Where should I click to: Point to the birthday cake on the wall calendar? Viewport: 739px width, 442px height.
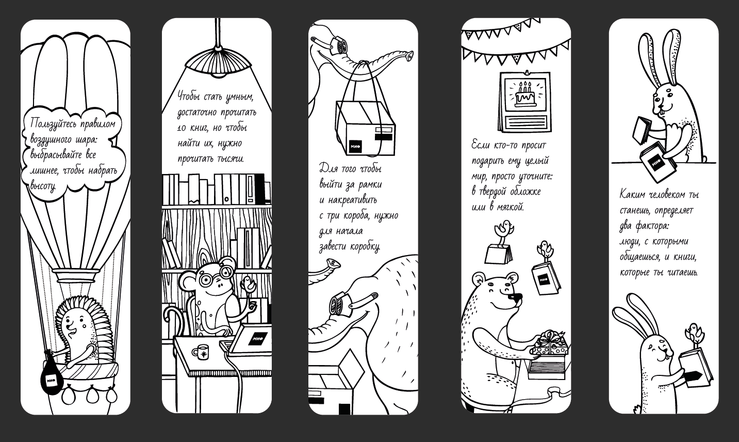coord(525,94)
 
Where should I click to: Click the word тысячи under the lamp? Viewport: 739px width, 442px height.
coord(231,159)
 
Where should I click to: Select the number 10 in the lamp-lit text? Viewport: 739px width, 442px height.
coord(182,128)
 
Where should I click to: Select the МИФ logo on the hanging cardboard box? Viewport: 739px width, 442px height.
coord(355,146)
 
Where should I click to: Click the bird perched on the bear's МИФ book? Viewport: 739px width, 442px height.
coord(545,250)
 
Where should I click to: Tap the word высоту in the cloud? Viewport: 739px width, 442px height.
coord(43,186)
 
